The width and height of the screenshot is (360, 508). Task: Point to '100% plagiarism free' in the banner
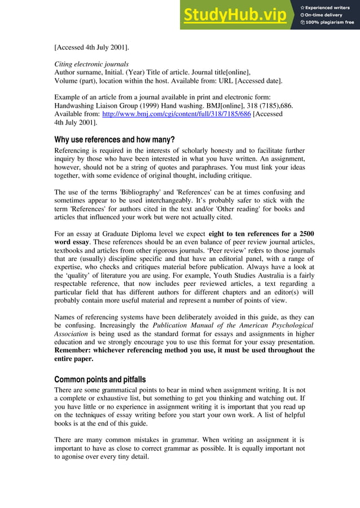(330, 23)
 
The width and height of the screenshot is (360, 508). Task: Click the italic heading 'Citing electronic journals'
(91, 64)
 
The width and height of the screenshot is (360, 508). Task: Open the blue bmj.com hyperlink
(176, 114)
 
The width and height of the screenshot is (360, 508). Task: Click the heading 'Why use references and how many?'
(114, 139)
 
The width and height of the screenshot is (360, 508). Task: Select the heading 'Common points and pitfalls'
(100, 379)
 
